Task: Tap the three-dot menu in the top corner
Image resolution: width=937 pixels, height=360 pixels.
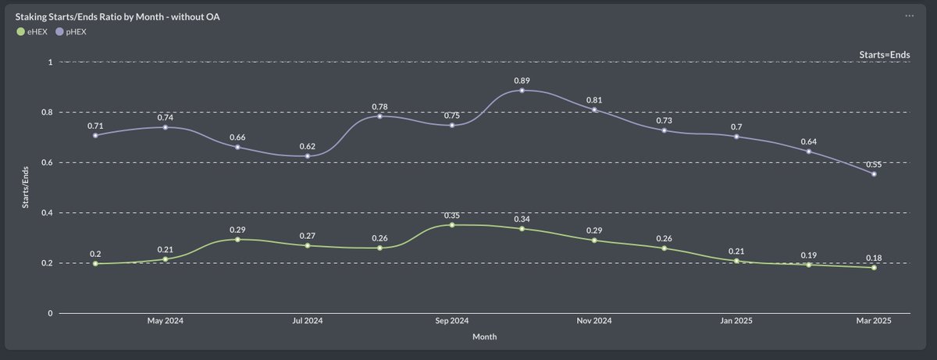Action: pos(909,16)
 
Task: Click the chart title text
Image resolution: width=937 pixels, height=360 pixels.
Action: pos(118,16)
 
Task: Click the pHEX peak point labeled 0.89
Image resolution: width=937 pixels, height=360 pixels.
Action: pos(522,91)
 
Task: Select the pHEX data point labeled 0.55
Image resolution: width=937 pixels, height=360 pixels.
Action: pos(874,174)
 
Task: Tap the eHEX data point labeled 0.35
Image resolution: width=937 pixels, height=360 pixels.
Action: pos(451,225)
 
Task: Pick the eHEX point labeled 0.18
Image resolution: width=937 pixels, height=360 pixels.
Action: pos(874,268)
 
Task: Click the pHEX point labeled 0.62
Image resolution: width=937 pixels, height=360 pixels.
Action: pos(308,156)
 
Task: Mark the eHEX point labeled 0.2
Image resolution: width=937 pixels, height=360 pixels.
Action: pos(95,263)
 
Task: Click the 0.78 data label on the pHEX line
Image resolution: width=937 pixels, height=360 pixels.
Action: pos(379,106)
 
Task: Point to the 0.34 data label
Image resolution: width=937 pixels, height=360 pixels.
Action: pos(522,219)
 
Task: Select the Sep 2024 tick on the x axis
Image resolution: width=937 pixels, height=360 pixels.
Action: pos(451,321)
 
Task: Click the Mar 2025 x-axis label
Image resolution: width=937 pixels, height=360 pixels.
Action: pos(874,321)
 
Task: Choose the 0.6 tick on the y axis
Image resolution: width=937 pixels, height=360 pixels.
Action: pos(46,162)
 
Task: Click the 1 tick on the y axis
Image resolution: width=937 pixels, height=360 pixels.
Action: pos(49,62)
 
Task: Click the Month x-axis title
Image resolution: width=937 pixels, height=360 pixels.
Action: pos(484,337)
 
